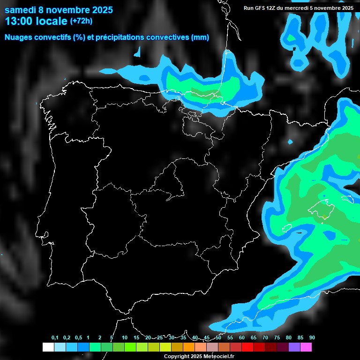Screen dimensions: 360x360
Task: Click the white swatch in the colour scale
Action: tap(48, 347)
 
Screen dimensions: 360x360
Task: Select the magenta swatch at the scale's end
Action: tap(306, 347)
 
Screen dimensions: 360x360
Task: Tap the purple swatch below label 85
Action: tap(294, 347)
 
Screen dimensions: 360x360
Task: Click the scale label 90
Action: tap(312, 338)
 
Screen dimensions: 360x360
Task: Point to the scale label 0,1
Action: tap(55, 338)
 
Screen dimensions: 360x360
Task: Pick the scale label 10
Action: tap(125, 338)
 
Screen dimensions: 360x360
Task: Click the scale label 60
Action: tap(242, 338)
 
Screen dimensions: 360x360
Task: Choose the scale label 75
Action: tap(277, 338)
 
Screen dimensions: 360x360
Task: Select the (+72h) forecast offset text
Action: tap(81, 21)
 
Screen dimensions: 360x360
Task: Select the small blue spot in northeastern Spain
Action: tap(291, 142)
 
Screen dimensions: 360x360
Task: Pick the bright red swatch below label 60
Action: tap(247, 347)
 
